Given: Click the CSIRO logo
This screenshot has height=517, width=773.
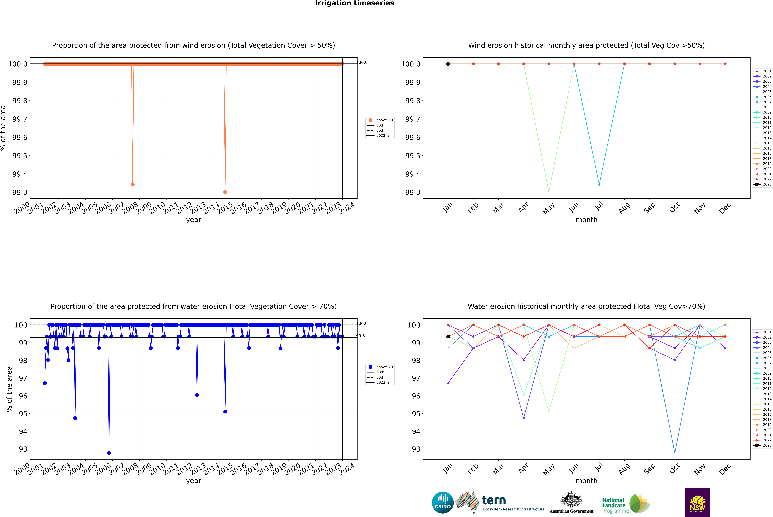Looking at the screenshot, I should click(443, 503).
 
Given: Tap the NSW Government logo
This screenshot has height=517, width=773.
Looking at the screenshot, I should click(698, 503).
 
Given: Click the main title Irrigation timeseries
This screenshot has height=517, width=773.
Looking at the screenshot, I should click(355, 3).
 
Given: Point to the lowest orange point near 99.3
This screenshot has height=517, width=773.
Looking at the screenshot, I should click(225, 192).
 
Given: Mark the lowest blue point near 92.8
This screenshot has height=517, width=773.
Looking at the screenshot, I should click(109, 453).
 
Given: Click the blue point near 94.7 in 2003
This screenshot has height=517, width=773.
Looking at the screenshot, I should click(75, 418).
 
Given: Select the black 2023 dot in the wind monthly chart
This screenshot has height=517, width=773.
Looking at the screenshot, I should click(448, 64).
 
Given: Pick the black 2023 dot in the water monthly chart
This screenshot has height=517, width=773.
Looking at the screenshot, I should click(448, 337).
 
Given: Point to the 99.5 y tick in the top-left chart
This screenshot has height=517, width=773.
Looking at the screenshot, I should click(20, 156).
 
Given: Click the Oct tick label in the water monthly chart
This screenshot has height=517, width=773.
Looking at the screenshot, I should click(674, 468).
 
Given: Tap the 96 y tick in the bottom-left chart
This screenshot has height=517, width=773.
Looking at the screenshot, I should click(23, 396).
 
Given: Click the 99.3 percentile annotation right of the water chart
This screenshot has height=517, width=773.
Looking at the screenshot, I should click(360, 336).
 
